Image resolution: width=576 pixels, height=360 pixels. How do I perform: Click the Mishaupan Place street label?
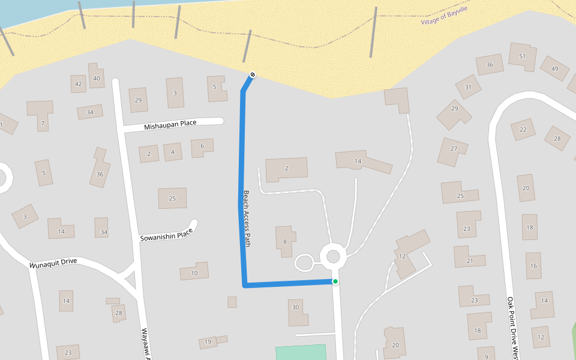pos(170,124)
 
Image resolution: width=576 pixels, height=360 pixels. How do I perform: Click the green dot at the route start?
pos(335,281)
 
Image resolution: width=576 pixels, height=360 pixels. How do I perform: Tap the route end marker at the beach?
pos(253,74)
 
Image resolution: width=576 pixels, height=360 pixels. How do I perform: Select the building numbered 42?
pos(78,84)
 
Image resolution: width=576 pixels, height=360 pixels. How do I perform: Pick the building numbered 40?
pos(96,78)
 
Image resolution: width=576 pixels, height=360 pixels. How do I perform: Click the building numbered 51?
pos(522,56)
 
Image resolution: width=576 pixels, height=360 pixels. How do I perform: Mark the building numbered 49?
pos(554,68)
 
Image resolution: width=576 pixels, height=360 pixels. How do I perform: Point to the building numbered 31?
pos(468,87)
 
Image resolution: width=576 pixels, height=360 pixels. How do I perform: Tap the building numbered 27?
pos(454,149)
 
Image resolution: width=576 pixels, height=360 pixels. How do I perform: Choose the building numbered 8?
pos(285,241)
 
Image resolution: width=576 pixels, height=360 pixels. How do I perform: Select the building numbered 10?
pos(194,273)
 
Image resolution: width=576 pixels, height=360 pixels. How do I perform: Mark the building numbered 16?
pos(533,266)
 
